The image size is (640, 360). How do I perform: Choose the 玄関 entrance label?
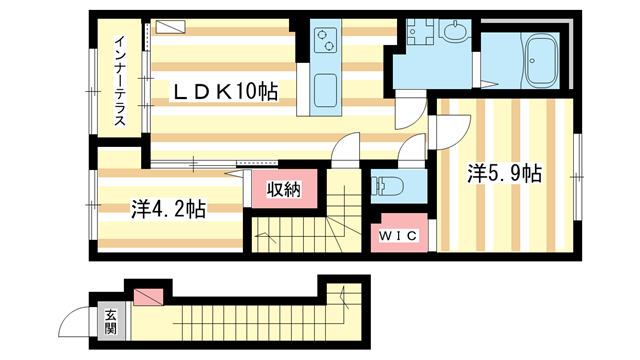tap(110, 321)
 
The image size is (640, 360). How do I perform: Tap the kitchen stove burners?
tap(327, 41)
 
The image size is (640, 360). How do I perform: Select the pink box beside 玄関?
tap(147, 297)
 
